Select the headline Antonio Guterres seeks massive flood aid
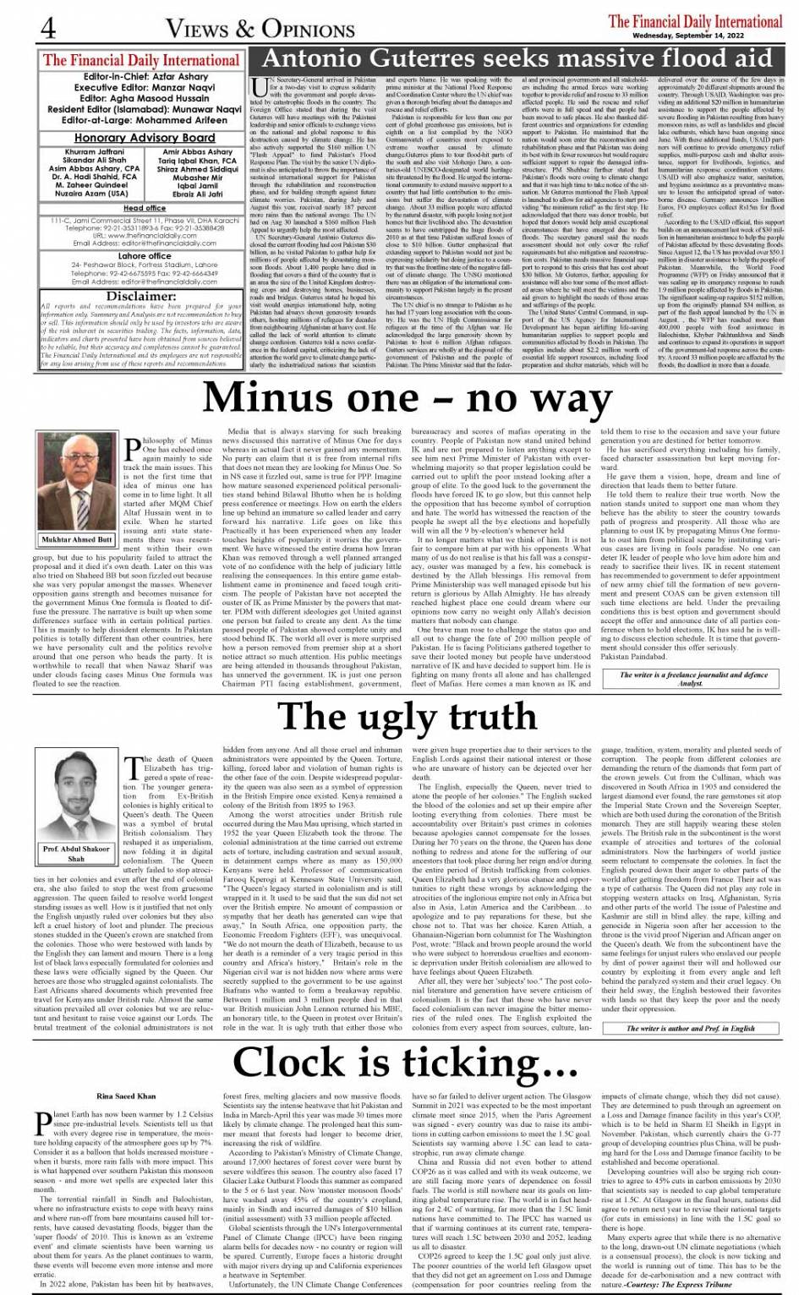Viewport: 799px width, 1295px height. [x=517, y=58]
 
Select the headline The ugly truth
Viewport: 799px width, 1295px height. [x=408, y=716]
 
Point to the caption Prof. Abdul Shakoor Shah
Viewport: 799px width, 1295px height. [x=77, y=853]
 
